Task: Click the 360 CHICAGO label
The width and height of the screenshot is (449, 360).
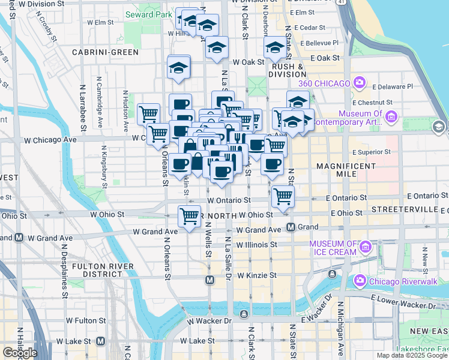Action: (325, 82)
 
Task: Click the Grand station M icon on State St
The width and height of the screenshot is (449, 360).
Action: (291, 227)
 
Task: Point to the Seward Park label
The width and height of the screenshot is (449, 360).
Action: (144, 14)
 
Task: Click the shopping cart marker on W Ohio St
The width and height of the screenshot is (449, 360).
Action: (190, 216)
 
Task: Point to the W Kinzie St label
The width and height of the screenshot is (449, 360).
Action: (257, 275)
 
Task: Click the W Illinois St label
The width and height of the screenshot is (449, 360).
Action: (256, 245)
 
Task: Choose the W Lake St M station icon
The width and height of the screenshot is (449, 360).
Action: (100, 341)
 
